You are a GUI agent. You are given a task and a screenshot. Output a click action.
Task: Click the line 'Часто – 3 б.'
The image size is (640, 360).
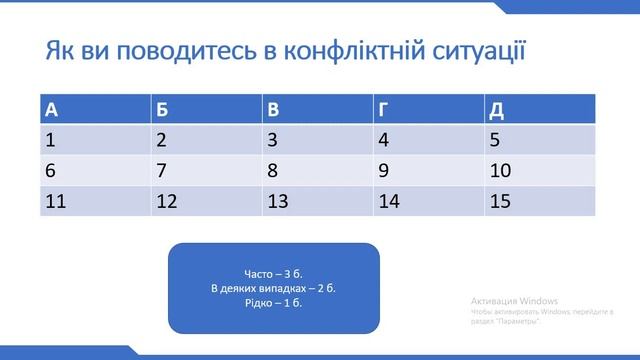(x=273, y=274)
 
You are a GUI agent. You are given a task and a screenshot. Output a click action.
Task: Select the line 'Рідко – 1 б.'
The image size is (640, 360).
(x=273, y=304)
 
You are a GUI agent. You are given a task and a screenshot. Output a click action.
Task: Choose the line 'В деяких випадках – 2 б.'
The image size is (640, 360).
(x=273, y=289)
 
